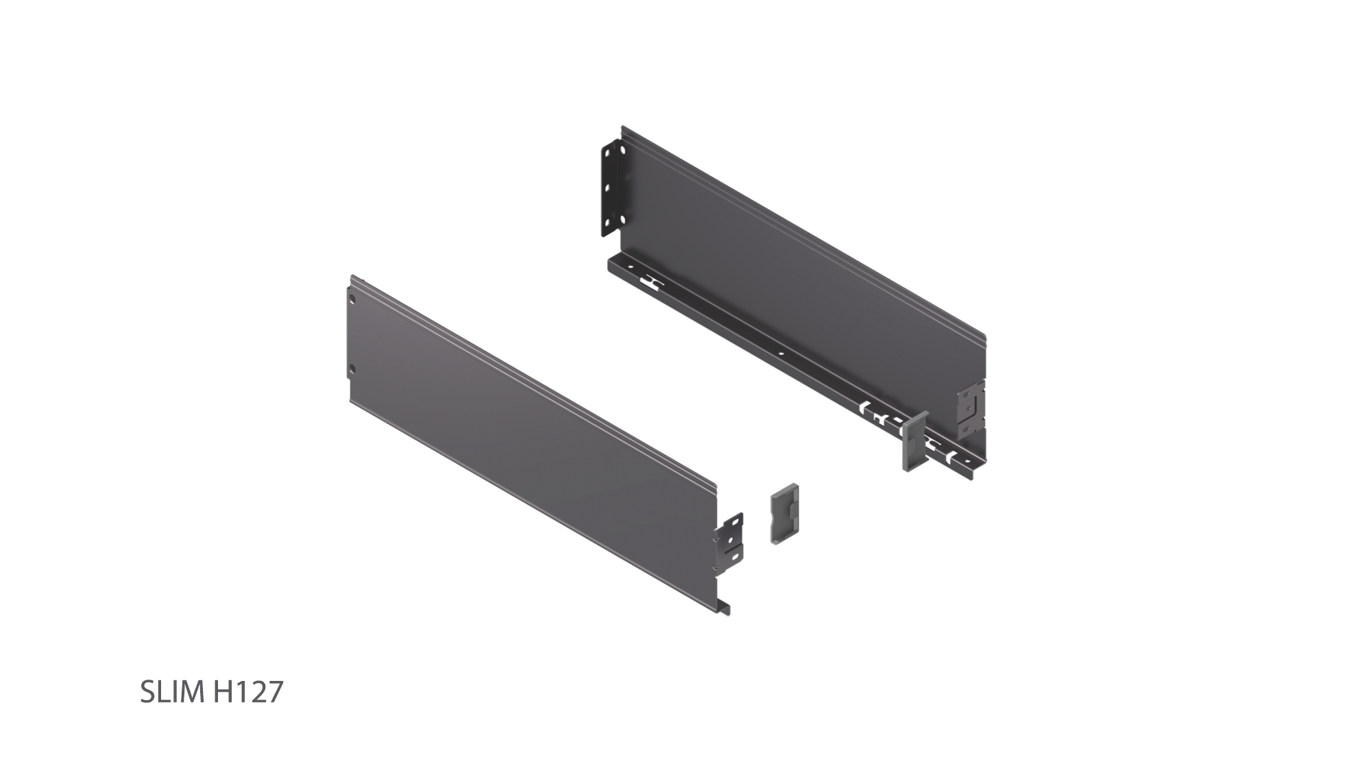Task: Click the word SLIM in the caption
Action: pyautogui.click(x=172, y=693)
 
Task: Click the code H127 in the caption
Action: pyautogui.click(x=247, y=693)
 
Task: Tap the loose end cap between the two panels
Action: pyautogui.click(x=784, y=517)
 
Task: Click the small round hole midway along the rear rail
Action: pyautogui.click(x=782, y=355)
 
